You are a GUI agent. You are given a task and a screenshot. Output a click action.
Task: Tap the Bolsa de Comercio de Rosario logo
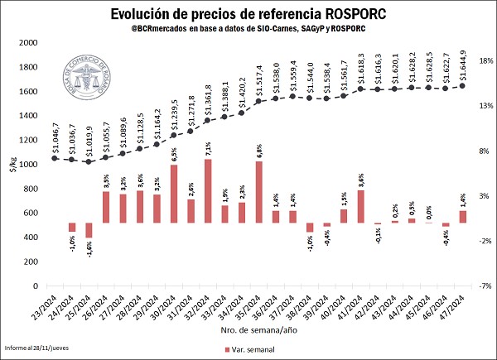click(89, 86)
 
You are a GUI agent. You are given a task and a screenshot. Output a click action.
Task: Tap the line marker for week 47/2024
click(463, 85)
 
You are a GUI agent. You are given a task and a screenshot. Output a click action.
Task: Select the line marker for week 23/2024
click(55, 158)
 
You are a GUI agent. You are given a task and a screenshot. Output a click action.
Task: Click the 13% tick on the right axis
click(481, 106)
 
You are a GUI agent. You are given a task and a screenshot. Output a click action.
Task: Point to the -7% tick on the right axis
click(481, 286)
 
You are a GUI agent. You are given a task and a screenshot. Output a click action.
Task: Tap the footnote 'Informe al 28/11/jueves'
click(37, 349)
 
